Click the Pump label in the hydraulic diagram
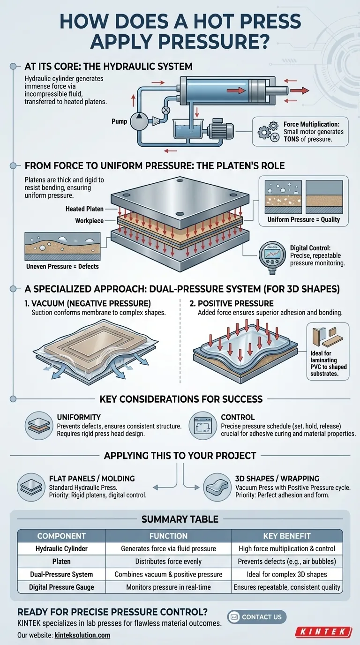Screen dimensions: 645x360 119,121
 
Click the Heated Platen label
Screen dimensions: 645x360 84,209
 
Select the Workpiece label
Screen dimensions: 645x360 89,220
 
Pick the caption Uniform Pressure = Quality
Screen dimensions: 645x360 303,219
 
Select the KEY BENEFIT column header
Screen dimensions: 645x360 286,536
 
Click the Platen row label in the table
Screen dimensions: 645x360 61,561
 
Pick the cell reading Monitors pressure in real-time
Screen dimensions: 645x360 168,586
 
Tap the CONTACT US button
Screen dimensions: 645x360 256,616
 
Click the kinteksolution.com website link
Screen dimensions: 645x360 82,635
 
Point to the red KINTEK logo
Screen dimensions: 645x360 323,631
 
